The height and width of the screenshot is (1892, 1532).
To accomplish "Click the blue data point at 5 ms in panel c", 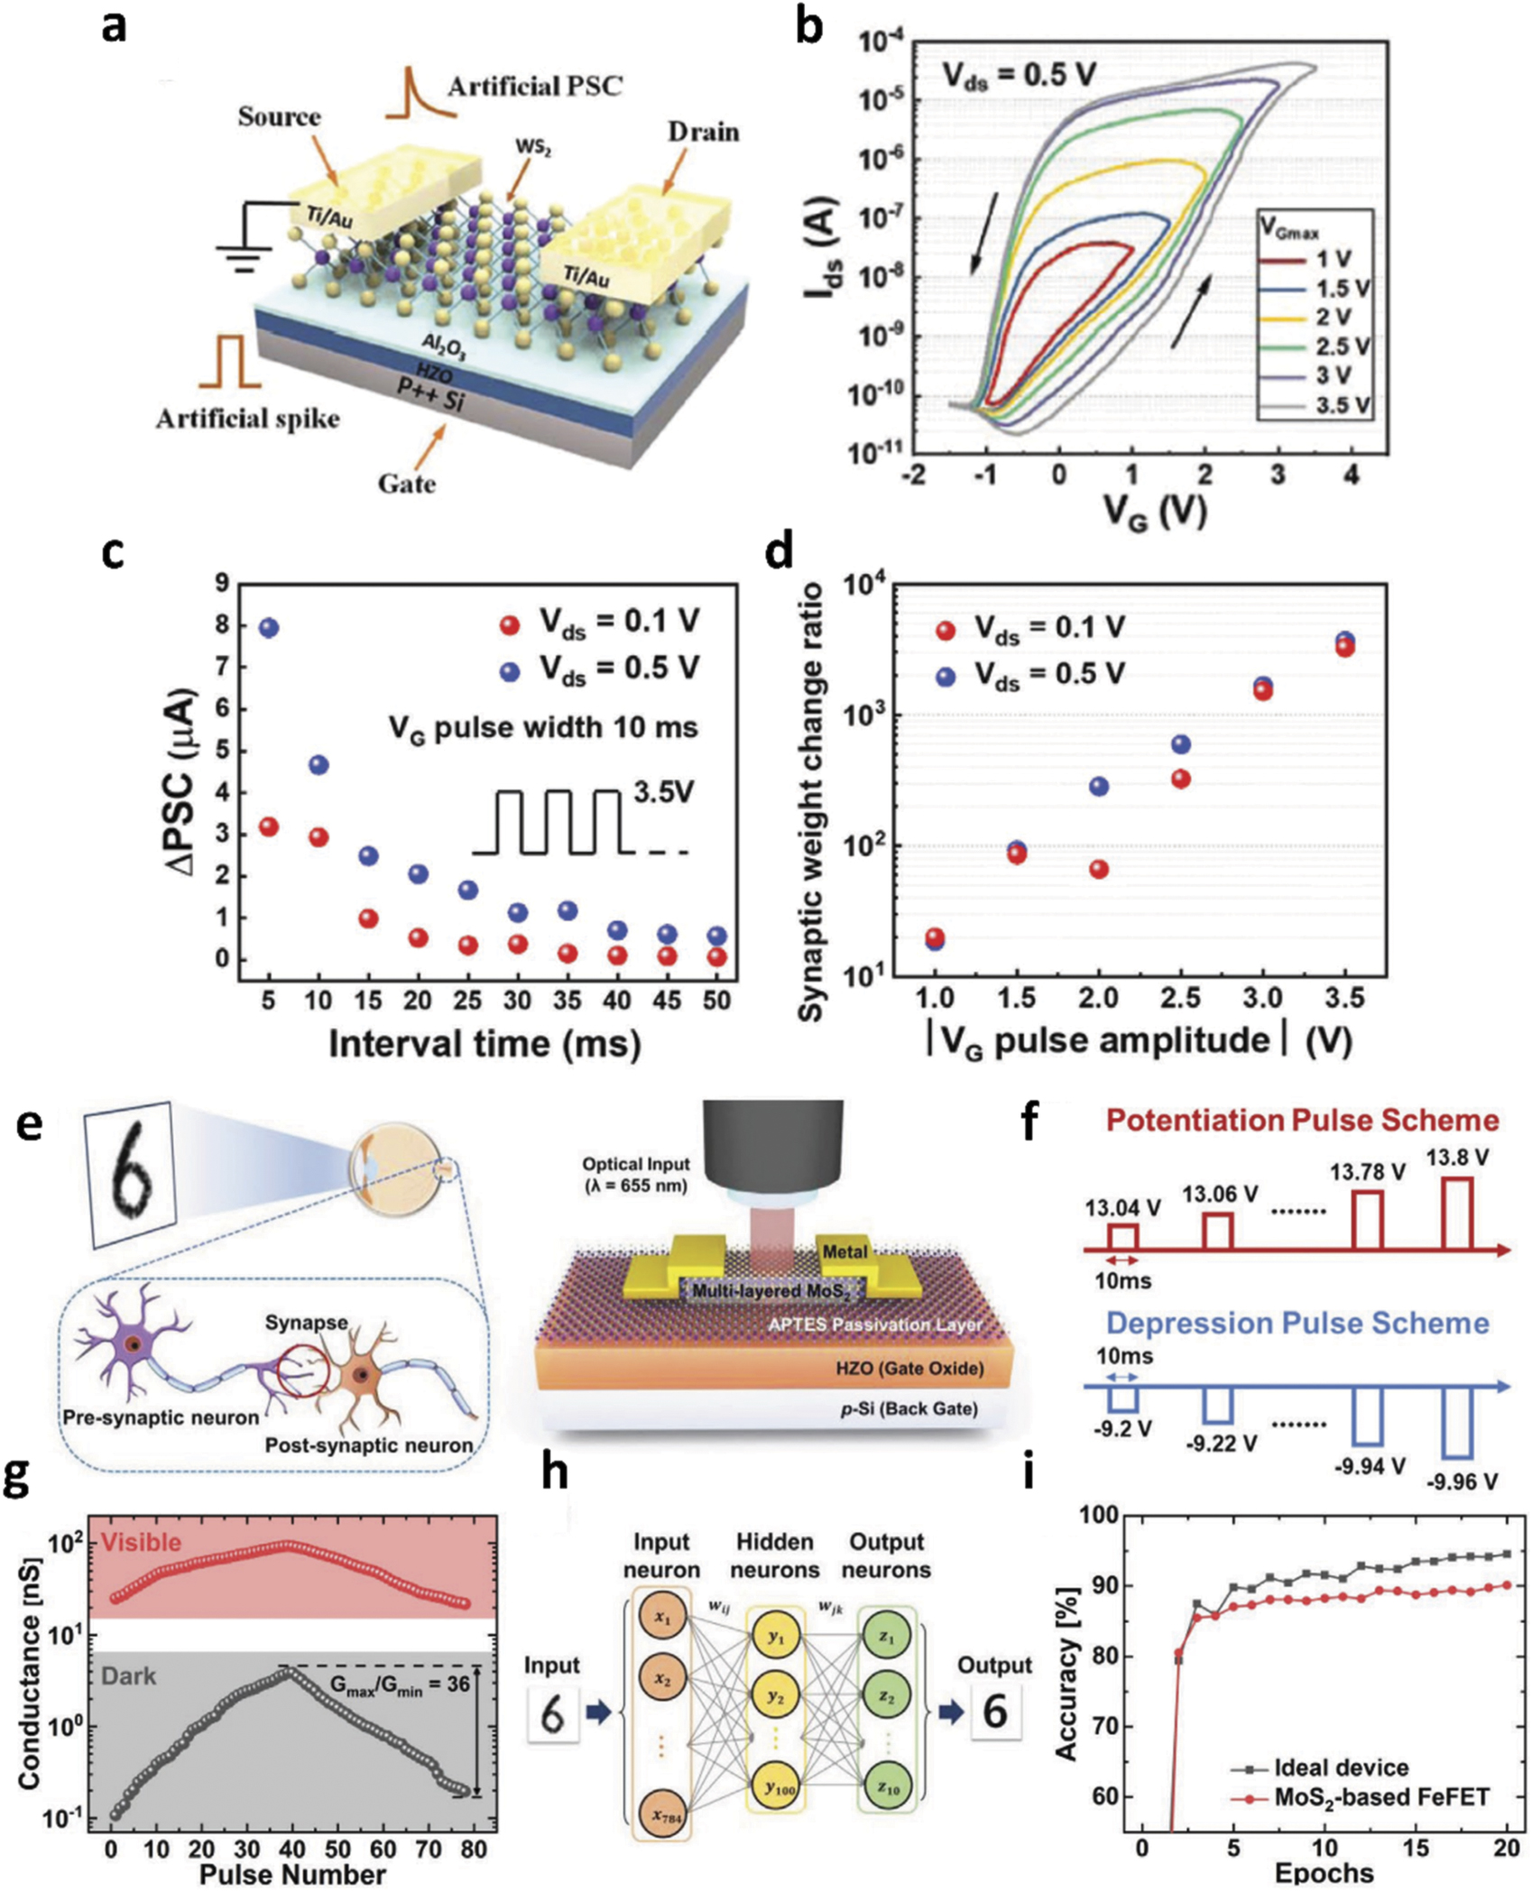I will [x=268, y=627].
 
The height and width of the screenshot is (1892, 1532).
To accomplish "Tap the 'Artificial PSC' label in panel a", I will [x=535, y=87].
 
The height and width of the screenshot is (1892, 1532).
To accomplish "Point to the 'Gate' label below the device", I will [x=406, y=484].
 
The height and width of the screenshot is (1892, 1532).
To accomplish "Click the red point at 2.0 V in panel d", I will [x=1098, y=869].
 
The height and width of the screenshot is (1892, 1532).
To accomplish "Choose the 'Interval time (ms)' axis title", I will [x=485, y=1044].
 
